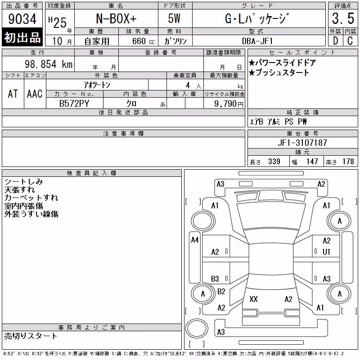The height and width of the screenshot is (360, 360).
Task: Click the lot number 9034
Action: click(x=22, y=19)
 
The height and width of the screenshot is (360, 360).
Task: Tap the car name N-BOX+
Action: click(x=116, y=18)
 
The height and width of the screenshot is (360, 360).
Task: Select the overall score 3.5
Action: click(x=343, y=18)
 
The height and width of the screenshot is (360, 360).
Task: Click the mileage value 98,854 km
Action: click(x=49, y=64)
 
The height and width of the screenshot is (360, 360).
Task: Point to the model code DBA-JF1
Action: click(x=257, y=41)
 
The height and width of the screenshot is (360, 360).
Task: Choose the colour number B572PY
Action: click(x=74, y=103)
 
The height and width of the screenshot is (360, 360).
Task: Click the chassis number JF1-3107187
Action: click(x=302, y=143)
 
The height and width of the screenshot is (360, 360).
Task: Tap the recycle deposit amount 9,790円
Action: click(x=229, y=103)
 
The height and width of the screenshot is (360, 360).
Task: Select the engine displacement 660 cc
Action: click(x=143, y=41)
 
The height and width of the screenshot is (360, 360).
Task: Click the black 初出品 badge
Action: click(x=22, y=37)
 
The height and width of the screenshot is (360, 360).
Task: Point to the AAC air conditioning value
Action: click(x=35, y=94)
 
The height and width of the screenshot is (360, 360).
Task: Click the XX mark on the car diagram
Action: click(x=253, y=299)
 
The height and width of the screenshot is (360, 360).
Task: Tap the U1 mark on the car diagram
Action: click(x=326, y=252)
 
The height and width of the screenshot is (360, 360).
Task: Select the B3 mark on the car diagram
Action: click(x=215, y=279)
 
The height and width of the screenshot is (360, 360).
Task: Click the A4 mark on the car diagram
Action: click(x=195, y=240)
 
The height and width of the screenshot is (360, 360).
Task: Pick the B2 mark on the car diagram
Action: click(x=221, y=292)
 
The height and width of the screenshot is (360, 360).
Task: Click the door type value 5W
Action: click(x=174, y=18)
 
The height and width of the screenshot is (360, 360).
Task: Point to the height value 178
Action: click(x=348, y=162)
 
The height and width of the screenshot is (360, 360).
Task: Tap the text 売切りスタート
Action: click(x=31, y=336)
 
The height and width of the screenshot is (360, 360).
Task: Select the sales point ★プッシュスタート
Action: click(x=279, y=72)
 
